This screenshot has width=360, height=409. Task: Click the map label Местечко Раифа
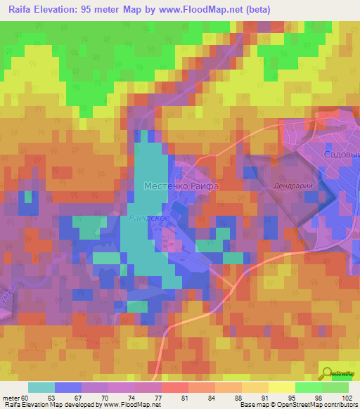click(x=181, y=186)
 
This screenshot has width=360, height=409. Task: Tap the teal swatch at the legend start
click(x=41, y=387)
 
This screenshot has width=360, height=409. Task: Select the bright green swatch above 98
click(x=308, y=387)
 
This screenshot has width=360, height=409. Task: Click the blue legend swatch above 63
click(x=68, y=387)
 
